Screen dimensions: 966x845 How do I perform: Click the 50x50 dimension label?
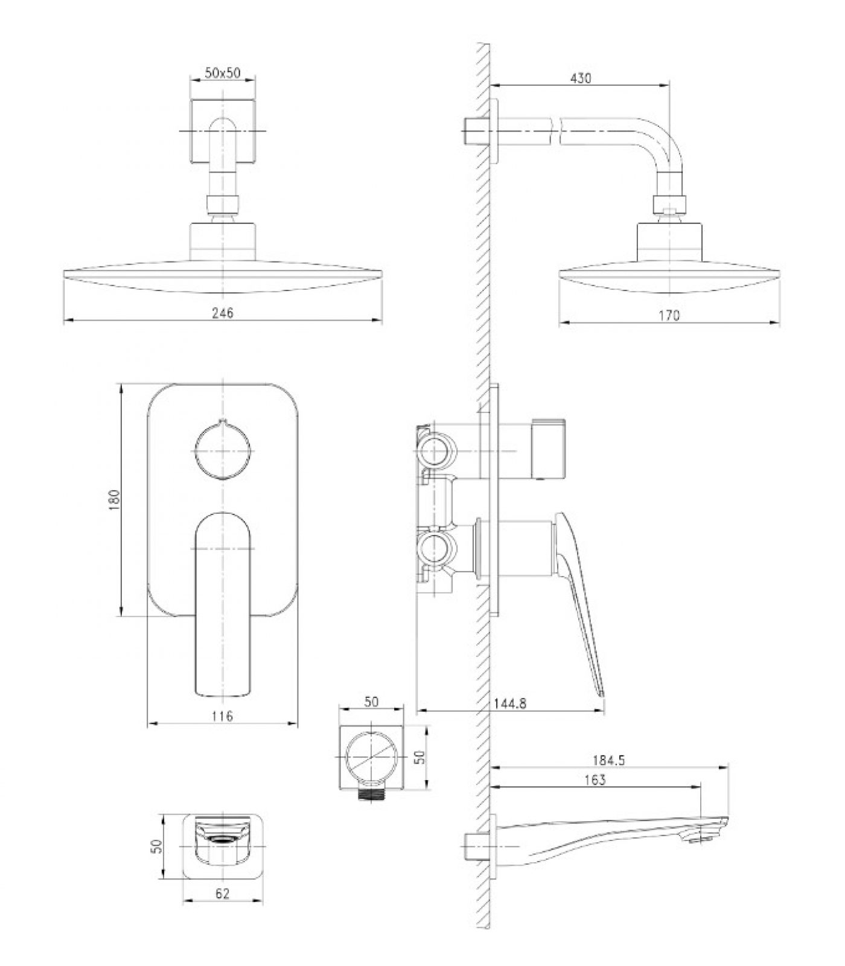(223, 73)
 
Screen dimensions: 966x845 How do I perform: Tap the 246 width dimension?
(223, 312)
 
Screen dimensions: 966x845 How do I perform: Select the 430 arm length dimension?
(580, 78)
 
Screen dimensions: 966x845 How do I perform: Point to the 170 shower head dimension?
(669, 315)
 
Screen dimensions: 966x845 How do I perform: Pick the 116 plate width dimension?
(223, 716)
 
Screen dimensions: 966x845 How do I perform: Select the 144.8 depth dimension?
(510, 703)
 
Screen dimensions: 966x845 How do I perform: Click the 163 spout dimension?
(595, 780)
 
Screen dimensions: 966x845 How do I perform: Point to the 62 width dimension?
(223, 894)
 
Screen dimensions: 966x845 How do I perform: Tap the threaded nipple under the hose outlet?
(371, 795)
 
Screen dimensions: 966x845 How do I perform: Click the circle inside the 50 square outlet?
(371, 757)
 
